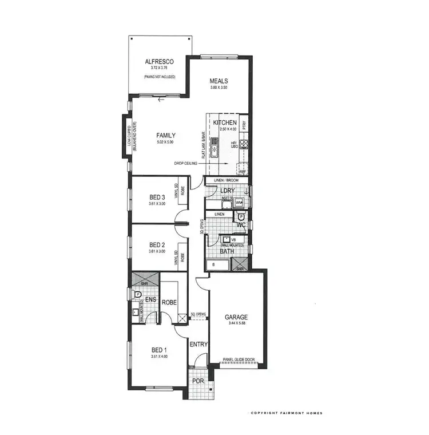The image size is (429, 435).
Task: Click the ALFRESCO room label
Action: tap(159, 61)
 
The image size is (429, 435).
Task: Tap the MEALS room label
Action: tap(219, 81)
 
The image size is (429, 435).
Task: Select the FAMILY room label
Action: tap(165, 136)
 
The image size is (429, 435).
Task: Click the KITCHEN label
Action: tap(225, 123)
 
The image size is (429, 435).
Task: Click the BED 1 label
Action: tap(160, 350)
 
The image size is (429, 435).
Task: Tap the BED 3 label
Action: tap(157, 199)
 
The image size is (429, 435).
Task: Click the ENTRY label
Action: tap(198, 344)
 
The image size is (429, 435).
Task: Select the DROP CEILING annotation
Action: tap(186, 164)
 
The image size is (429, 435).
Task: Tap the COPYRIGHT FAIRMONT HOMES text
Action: tap(285, 413)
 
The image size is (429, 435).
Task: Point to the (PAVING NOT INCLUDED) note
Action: tap(159, 76)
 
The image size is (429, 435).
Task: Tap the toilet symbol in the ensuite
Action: tap(137, 294)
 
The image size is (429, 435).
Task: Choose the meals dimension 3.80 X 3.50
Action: tap(219, 89)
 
